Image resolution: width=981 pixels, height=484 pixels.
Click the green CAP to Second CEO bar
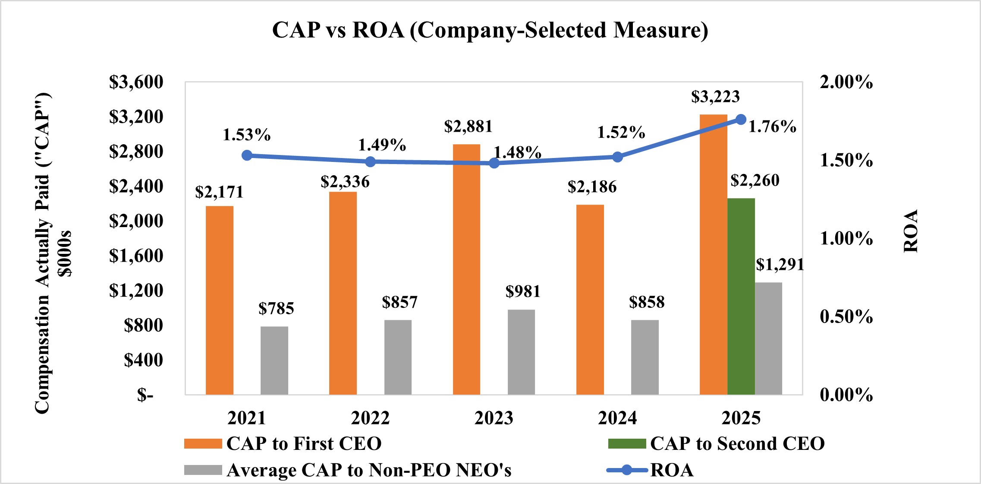(741, 296)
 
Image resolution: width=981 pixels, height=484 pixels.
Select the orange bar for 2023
(466, 269)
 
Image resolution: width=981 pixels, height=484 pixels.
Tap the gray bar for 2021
(274, 361)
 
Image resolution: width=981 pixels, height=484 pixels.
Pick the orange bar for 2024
(590, 300)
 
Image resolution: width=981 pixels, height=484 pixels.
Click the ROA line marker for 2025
(741, 120)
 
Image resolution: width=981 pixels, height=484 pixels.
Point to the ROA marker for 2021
(247, 155)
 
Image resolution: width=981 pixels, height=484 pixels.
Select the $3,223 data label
(715, 97)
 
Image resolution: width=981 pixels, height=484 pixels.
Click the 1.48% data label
(517, 152)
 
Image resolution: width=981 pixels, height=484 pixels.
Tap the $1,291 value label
(780, 264)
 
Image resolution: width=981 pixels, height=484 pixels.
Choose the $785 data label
(276, 308)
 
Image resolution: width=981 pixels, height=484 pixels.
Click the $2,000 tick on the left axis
(136, 221)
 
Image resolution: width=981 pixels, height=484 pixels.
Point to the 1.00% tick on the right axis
(846, 238)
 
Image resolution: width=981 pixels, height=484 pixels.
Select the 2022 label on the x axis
(370, 418)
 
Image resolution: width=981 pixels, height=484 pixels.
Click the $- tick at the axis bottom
(145, 395)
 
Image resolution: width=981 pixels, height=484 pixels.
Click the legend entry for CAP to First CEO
(283, 444)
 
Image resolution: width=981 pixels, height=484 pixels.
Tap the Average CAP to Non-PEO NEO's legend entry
(348, 470)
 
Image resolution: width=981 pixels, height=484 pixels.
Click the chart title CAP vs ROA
(490, 30)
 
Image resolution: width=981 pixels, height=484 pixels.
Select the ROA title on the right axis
(911, 231)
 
